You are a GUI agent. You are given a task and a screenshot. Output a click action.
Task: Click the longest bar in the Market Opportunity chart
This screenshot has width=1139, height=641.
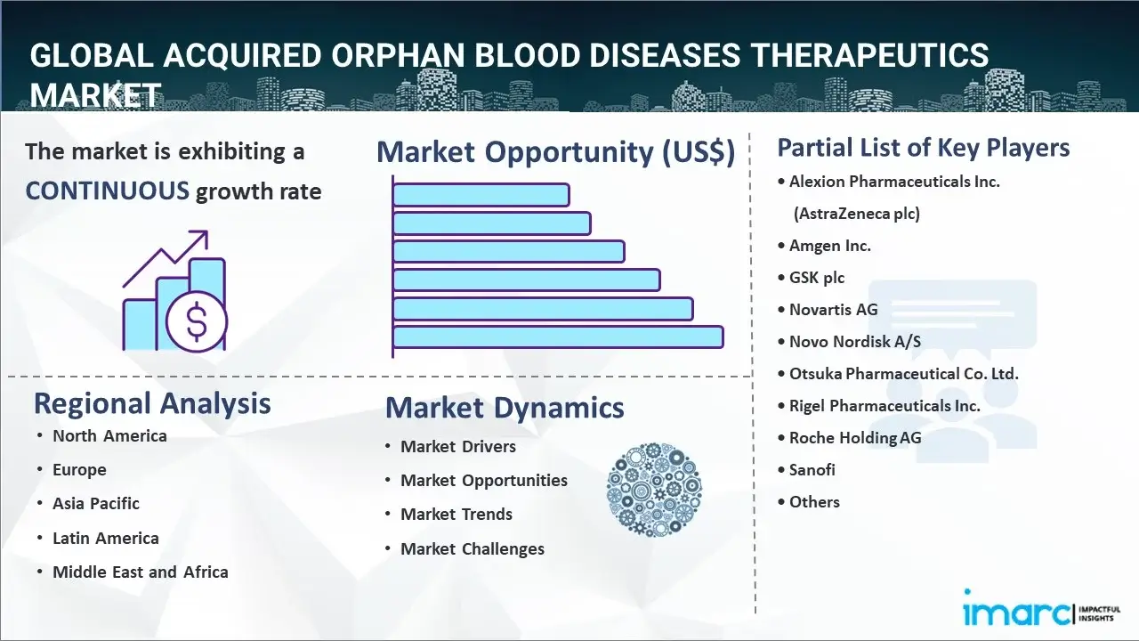click(x=557, y=337)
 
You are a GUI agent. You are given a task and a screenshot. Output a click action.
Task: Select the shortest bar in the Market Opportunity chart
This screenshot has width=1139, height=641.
click(x=481, y=194)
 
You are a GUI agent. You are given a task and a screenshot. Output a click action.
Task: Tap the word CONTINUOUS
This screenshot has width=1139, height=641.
click(x=107, y=191)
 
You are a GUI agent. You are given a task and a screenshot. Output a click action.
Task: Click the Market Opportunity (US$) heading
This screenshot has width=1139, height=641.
click(x=555, y=152)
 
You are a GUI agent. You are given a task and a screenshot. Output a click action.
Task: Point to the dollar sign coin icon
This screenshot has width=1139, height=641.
click(x=197, y=322)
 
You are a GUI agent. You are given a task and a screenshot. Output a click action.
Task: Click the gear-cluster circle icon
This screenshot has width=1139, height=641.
click(x=654, y=490)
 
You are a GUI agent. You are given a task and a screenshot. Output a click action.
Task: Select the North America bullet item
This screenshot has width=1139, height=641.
click(x=109, y=435)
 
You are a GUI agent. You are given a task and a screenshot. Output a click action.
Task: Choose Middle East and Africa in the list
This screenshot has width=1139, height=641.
click(x=140, y=572)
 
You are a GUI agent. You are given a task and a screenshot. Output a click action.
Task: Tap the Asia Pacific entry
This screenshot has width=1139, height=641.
click(x=95, y=503)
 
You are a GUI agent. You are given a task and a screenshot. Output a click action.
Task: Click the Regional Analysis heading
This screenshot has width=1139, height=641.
click(x=152, y=403)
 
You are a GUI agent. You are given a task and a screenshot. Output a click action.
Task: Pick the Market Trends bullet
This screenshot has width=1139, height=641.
click(x=456, y=514)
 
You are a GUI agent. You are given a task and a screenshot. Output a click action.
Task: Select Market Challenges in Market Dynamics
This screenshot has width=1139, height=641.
click(x=472, y=548)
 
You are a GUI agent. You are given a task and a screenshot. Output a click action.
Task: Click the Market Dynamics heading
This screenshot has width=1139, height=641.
click(x=505, y=408)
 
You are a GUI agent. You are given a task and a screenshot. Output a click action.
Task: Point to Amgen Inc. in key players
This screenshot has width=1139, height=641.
click(x=829, y=245)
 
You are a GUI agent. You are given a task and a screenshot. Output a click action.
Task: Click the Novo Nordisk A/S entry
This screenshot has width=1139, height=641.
click(x=854, y=341)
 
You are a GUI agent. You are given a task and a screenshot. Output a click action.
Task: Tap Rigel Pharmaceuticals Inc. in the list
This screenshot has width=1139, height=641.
click(x=885, y=405)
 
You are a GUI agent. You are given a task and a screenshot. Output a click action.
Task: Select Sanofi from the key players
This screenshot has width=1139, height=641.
click(x=812, y=469)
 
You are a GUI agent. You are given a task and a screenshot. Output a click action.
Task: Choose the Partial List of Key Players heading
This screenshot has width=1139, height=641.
click(x=924, y=147)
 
